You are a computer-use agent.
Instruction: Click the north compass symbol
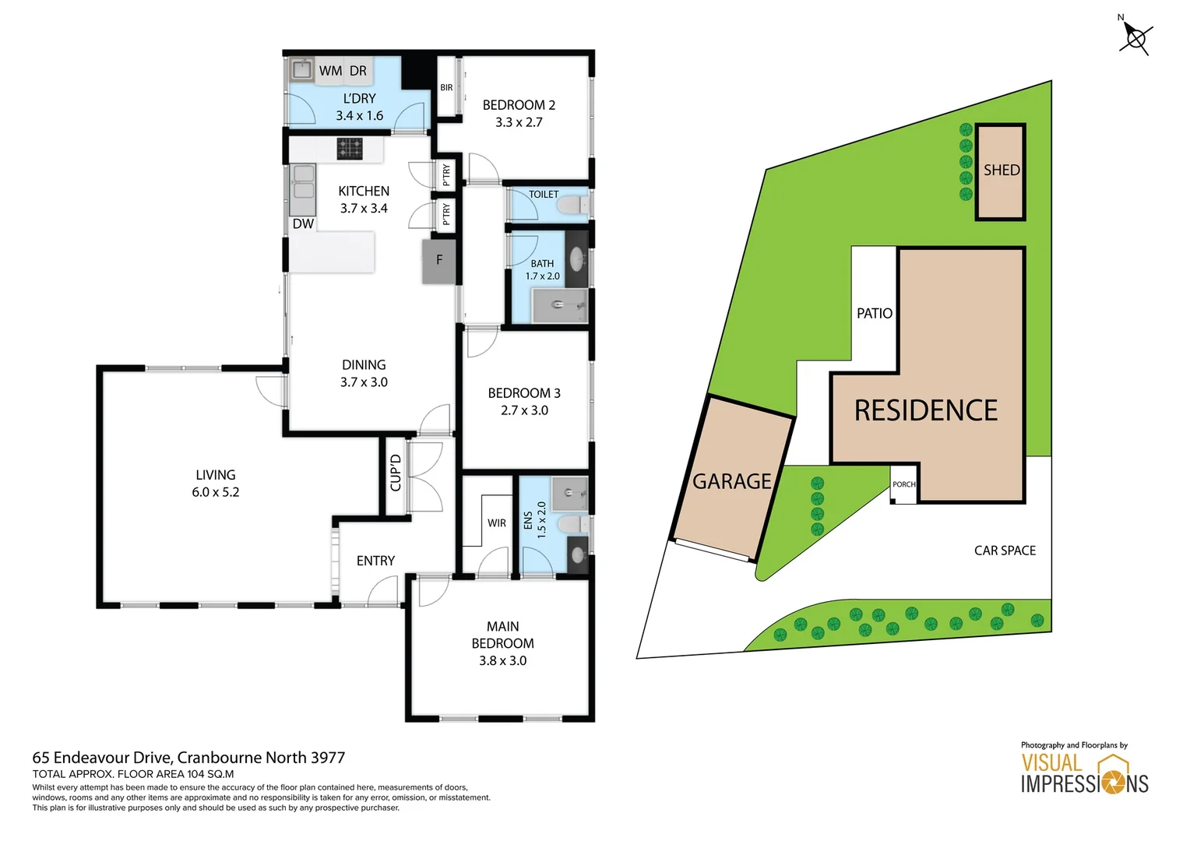(x=1135, y=37)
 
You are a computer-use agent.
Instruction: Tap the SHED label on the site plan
(x=1001, y=170)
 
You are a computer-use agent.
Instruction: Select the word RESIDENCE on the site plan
(x=925, y=410)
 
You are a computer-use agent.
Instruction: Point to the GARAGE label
(x=731, y=481)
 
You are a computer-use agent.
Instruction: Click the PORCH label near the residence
(x=903, y=484)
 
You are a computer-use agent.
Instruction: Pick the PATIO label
(x=874, y=313)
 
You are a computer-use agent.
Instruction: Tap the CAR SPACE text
(x=1005, y=551)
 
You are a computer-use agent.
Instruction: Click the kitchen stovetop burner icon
(x=350, y=148)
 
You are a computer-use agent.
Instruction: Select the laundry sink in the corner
(x=301, y=70)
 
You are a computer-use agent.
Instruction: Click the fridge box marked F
(x=439, y=261)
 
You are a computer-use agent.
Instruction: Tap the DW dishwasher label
(x=303, y=224)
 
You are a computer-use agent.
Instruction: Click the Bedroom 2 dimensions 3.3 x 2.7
(x=519, y=122)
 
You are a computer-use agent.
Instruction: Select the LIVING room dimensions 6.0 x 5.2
(x=215, y=492)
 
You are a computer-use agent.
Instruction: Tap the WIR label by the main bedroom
(x=497, y=523)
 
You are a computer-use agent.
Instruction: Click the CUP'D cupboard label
(x=396, y=473)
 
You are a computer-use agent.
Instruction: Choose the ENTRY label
(x=375, y=561)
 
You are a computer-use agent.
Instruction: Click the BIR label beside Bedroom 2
(x=446, y=87)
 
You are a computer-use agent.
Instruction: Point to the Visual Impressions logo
(x=1084, y=772)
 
